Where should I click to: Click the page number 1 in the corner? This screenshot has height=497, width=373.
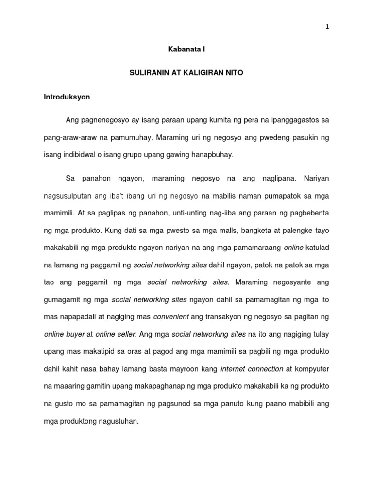327,27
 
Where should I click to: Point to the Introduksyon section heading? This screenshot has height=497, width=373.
67,97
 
